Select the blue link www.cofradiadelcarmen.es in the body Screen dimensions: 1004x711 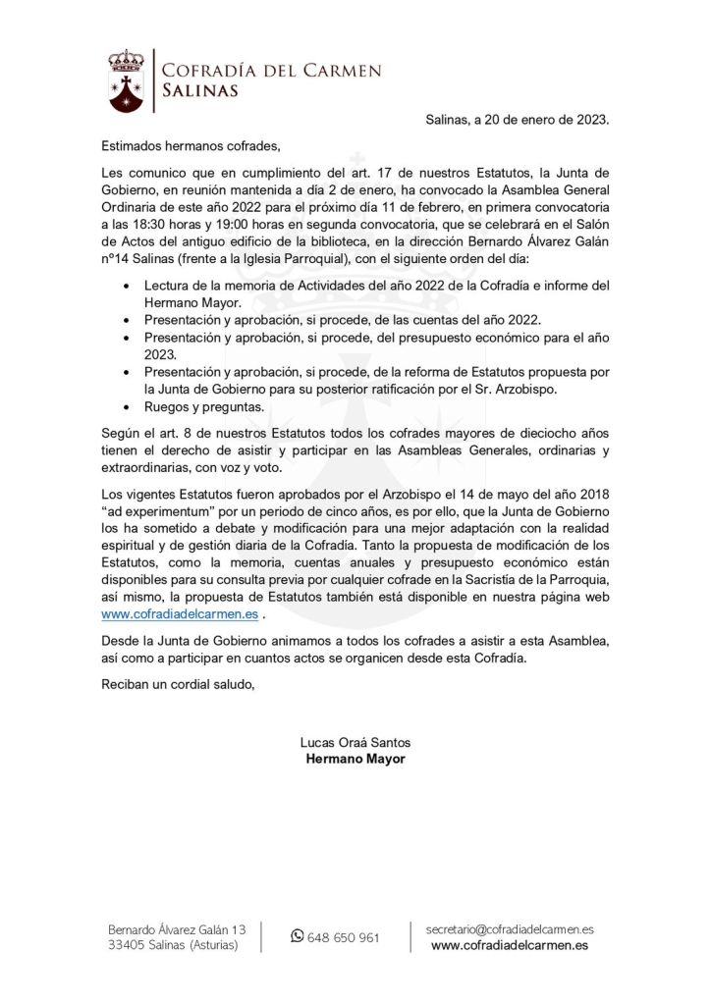pyautogui.click(x=180, y=614)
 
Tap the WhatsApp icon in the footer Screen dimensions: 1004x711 pyautogui.click(x=298, y=936)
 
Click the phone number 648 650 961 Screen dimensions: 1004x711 pyautogui.click(x=344, y=937)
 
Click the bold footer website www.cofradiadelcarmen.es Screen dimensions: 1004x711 pyautogui.click(x=510, y=945)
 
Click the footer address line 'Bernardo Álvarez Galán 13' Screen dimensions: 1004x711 pyautogui.click(x=177, y=928)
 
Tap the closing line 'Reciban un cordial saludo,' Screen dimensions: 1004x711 pyautogui.click(x=178, y=683)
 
